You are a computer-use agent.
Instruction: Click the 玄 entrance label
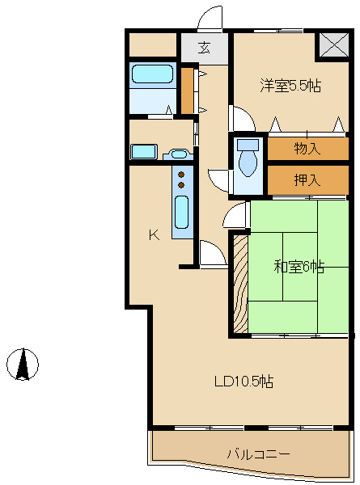click(x=205, y=48)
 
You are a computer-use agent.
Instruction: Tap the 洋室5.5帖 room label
click(x=290, y=85)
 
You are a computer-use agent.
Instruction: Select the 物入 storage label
click(x=307, y=149)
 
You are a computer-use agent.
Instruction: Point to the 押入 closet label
click(x=307, y=179)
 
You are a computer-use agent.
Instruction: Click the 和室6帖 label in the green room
click(x=299, y=267)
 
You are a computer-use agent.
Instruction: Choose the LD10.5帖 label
click(x=243, y=381)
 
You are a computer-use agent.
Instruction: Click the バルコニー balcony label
click(x=257, y=454)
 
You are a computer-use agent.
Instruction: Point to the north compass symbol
click(x=23, y=364)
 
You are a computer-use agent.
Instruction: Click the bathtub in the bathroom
click(x=153, y=75)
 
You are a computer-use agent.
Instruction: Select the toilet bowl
click(x=248, y=161)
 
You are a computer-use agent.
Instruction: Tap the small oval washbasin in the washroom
click(x=179, y=153)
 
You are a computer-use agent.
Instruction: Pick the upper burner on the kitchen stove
click(x=182, y=174)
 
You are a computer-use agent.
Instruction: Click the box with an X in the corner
click(x=332, y=45)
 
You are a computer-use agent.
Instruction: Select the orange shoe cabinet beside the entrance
click(x=187, y=91)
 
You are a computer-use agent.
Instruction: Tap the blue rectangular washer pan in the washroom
click(x=144, y=151)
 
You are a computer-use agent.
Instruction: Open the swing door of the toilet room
click(x=218, y=179)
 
